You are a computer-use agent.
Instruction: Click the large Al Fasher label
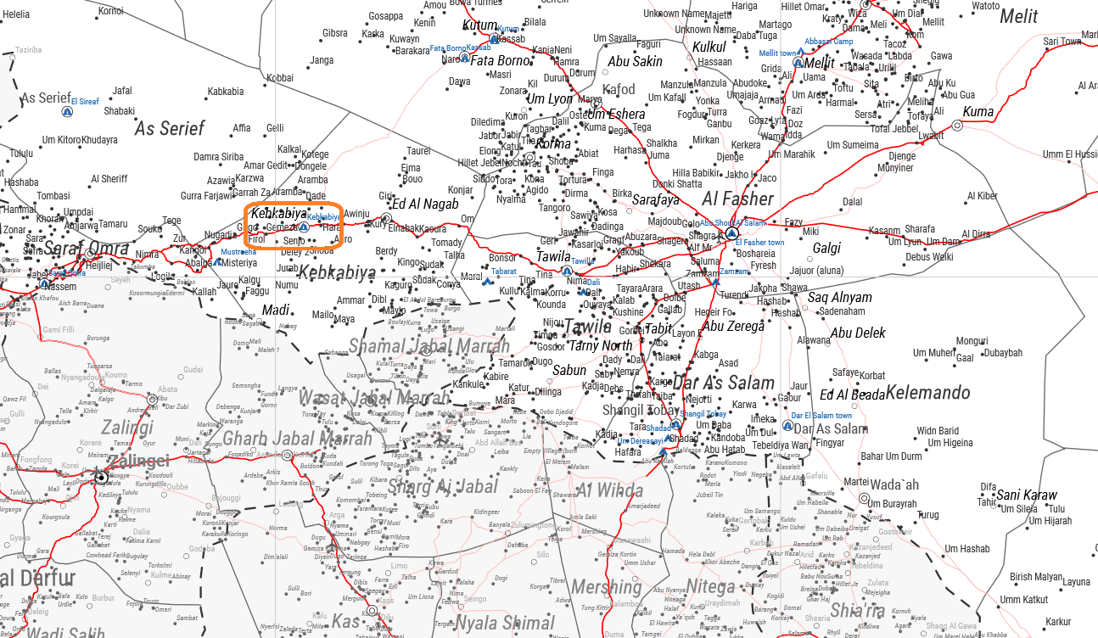[x=737, y=199]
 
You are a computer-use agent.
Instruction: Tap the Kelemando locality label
[x=928, y=393]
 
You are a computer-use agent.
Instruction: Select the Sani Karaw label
[x=1027, y=495]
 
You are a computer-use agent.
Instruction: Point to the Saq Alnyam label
[x=839, y=298]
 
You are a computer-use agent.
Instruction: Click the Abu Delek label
[x=858, y=333]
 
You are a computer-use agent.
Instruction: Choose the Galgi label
[x=826, y=249]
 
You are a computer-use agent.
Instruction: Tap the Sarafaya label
[x=655, y=200]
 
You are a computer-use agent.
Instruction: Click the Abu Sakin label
[x=635, y=61]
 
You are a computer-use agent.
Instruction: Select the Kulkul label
[x=709, y=48]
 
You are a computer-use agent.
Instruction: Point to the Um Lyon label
[x=550, y=99]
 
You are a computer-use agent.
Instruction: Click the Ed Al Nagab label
[x=424, y=204]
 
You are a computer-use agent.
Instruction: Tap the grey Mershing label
[x=606, y=587]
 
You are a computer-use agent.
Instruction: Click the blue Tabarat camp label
[x=503, y=271]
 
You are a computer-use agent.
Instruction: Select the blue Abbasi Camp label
[x=828, y=42]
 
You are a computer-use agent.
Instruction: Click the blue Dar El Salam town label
[x=821, y=416]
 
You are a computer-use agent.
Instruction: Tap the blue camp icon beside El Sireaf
[x=66, y=112]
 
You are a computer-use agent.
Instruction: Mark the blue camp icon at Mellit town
[x=798, y=62]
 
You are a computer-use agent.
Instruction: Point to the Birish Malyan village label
[x=1035, y=577]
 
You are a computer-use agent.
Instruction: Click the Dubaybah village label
[x=1003, y=353]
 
